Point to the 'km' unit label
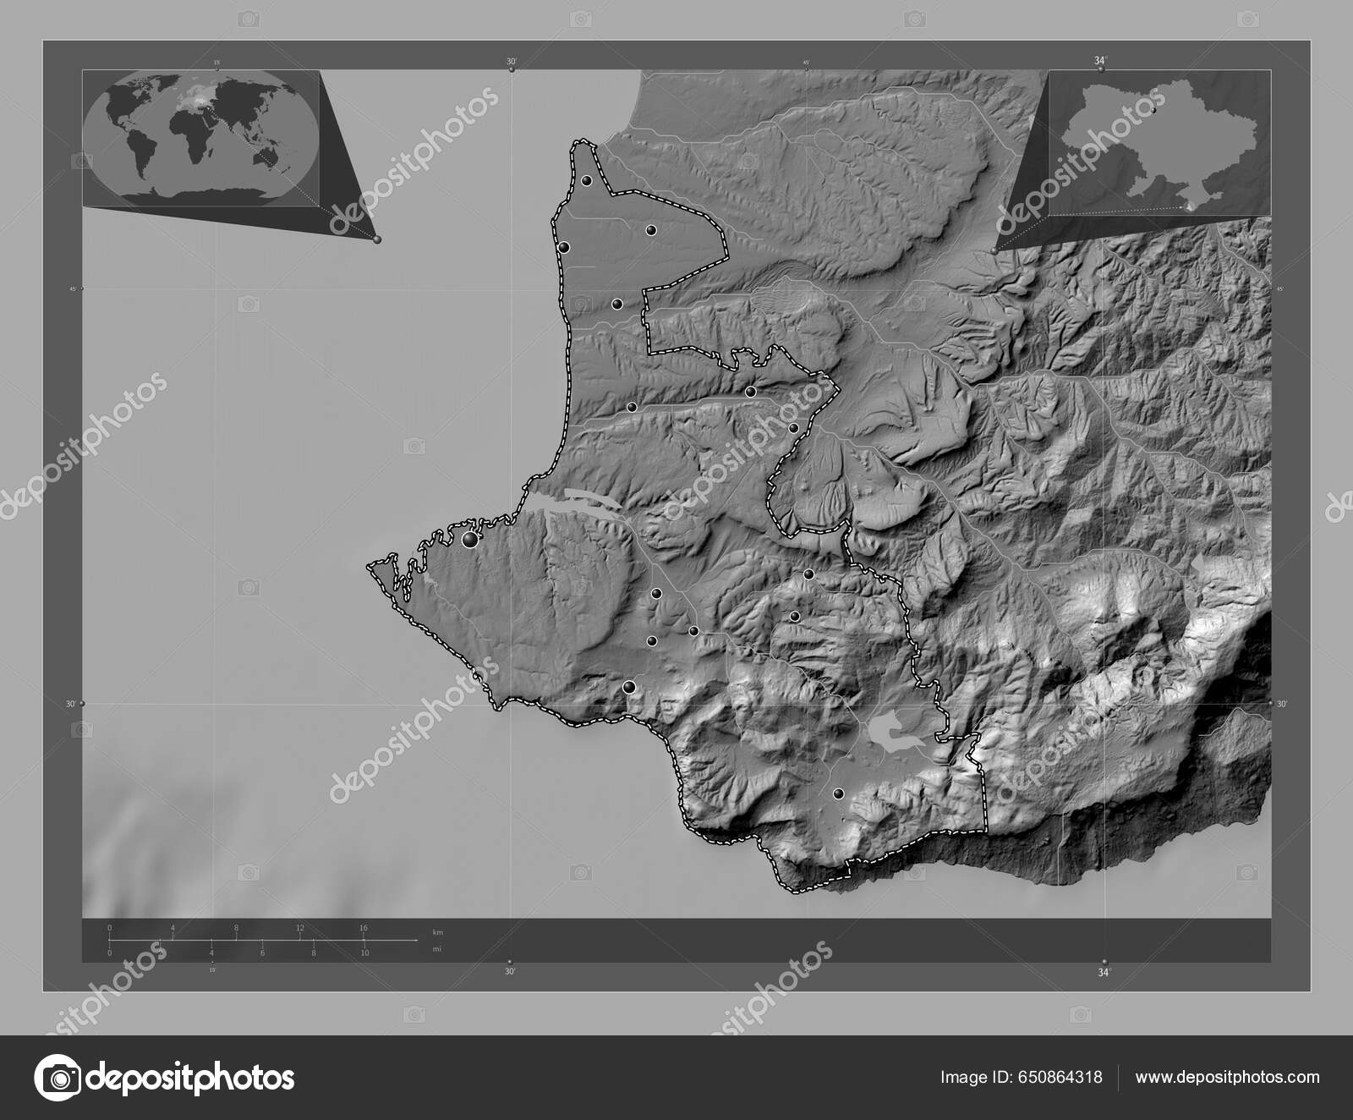click(437, 931)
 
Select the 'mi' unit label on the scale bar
click(436, 949)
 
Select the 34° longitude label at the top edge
click(1099, 60)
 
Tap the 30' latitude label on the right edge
click(1281, 704)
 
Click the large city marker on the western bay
click(469, 539)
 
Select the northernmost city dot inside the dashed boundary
click(586, 180)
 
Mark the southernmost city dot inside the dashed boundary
click(838, 793)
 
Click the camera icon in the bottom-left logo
click(57, 1078)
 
